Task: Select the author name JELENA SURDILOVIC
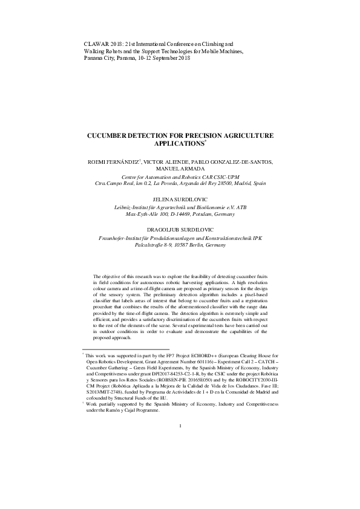180,199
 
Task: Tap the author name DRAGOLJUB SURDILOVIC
180,230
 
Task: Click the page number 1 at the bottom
180,460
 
